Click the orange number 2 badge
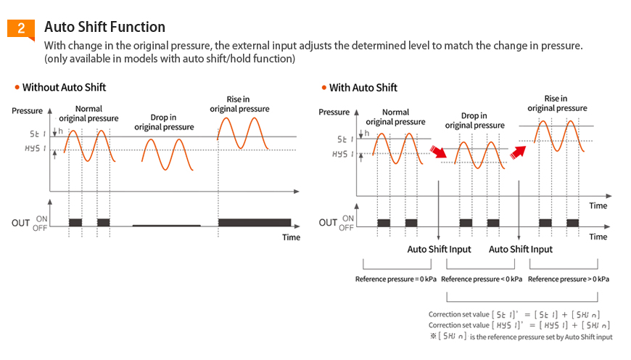21,28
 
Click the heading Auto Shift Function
104,27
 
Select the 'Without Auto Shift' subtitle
64,87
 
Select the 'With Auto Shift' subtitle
363,88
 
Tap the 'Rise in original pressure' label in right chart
556,103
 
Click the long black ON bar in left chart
255,222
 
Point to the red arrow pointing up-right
517,151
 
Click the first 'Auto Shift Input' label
439,249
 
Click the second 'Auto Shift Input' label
521,249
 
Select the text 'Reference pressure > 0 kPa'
569,279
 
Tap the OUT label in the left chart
20,223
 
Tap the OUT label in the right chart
328,222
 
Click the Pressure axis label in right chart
334,112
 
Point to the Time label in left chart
291,237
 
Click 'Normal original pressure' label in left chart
89,113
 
